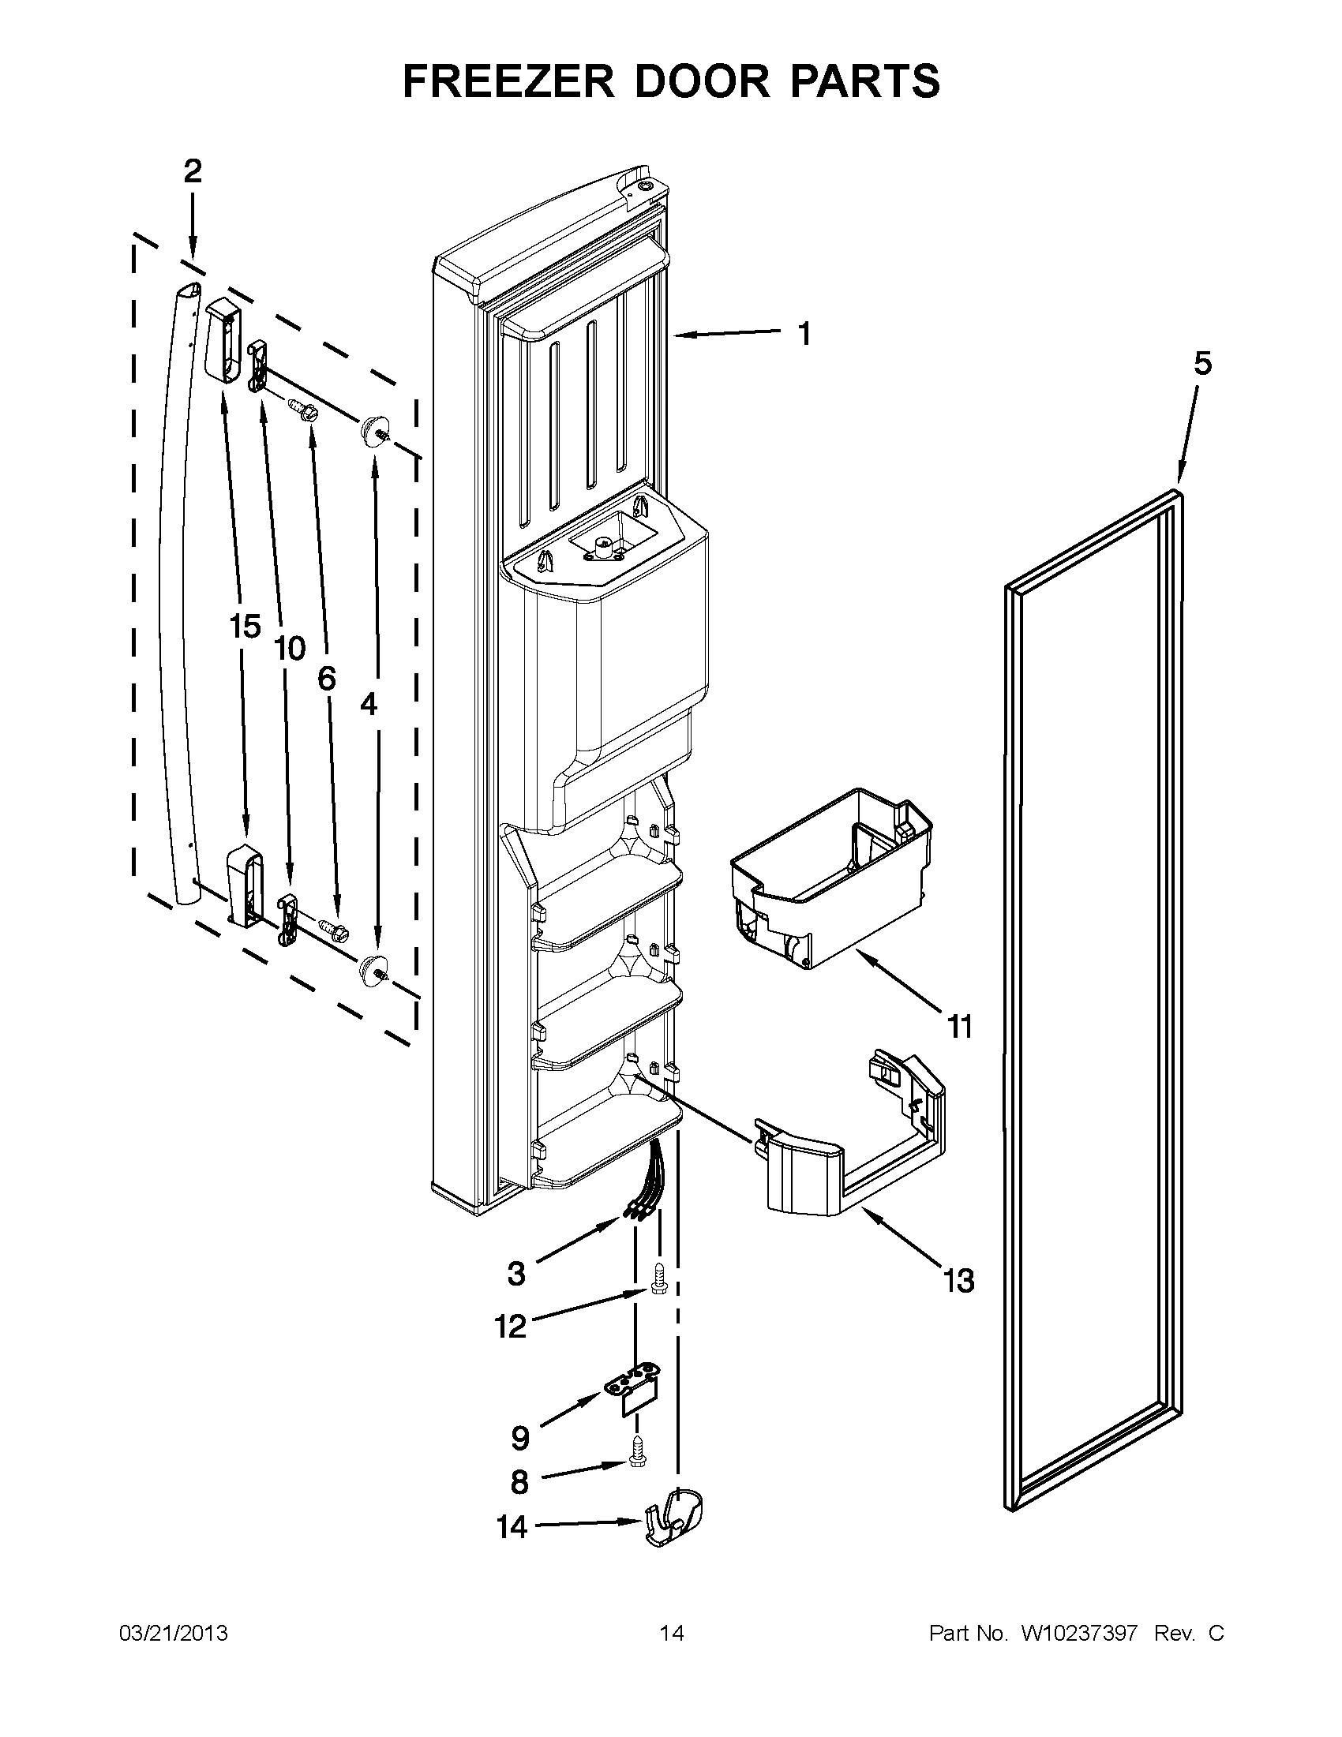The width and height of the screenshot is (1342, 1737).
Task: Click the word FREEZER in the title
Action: (508, 81)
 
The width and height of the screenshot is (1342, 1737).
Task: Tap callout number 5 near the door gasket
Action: (1202, 364)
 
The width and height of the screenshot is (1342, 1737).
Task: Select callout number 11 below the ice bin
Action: (960, 1027)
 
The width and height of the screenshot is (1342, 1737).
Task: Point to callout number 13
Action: (959, 1282)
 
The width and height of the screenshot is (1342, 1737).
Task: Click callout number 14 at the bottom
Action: (512, 1527)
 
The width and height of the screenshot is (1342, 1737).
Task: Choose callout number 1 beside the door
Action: (804, 334)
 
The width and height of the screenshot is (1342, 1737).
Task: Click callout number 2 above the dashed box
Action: (193, 171)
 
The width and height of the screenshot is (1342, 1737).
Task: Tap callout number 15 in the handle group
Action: (245, 627)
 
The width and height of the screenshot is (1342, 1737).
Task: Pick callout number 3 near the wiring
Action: (516, 1273)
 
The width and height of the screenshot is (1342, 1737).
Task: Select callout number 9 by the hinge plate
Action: (519, 1437)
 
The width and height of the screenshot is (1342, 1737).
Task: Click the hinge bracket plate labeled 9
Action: (634, 1391)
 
